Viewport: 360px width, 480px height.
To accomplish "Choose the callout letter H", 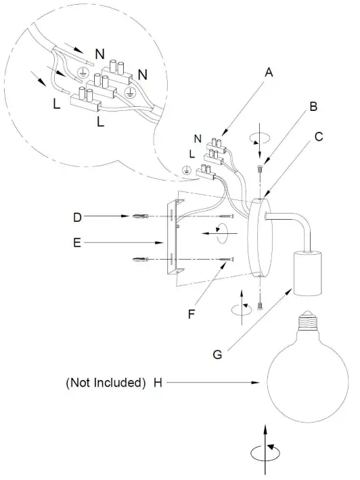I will (158, 383).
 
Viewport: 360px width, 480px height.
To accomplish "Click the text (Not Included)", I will (105, 383).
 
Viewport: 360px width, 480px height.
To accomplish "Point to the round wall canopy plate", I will (260, 238).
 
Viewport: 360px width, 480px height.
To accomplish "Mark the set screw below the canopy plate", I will (261, 306).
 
